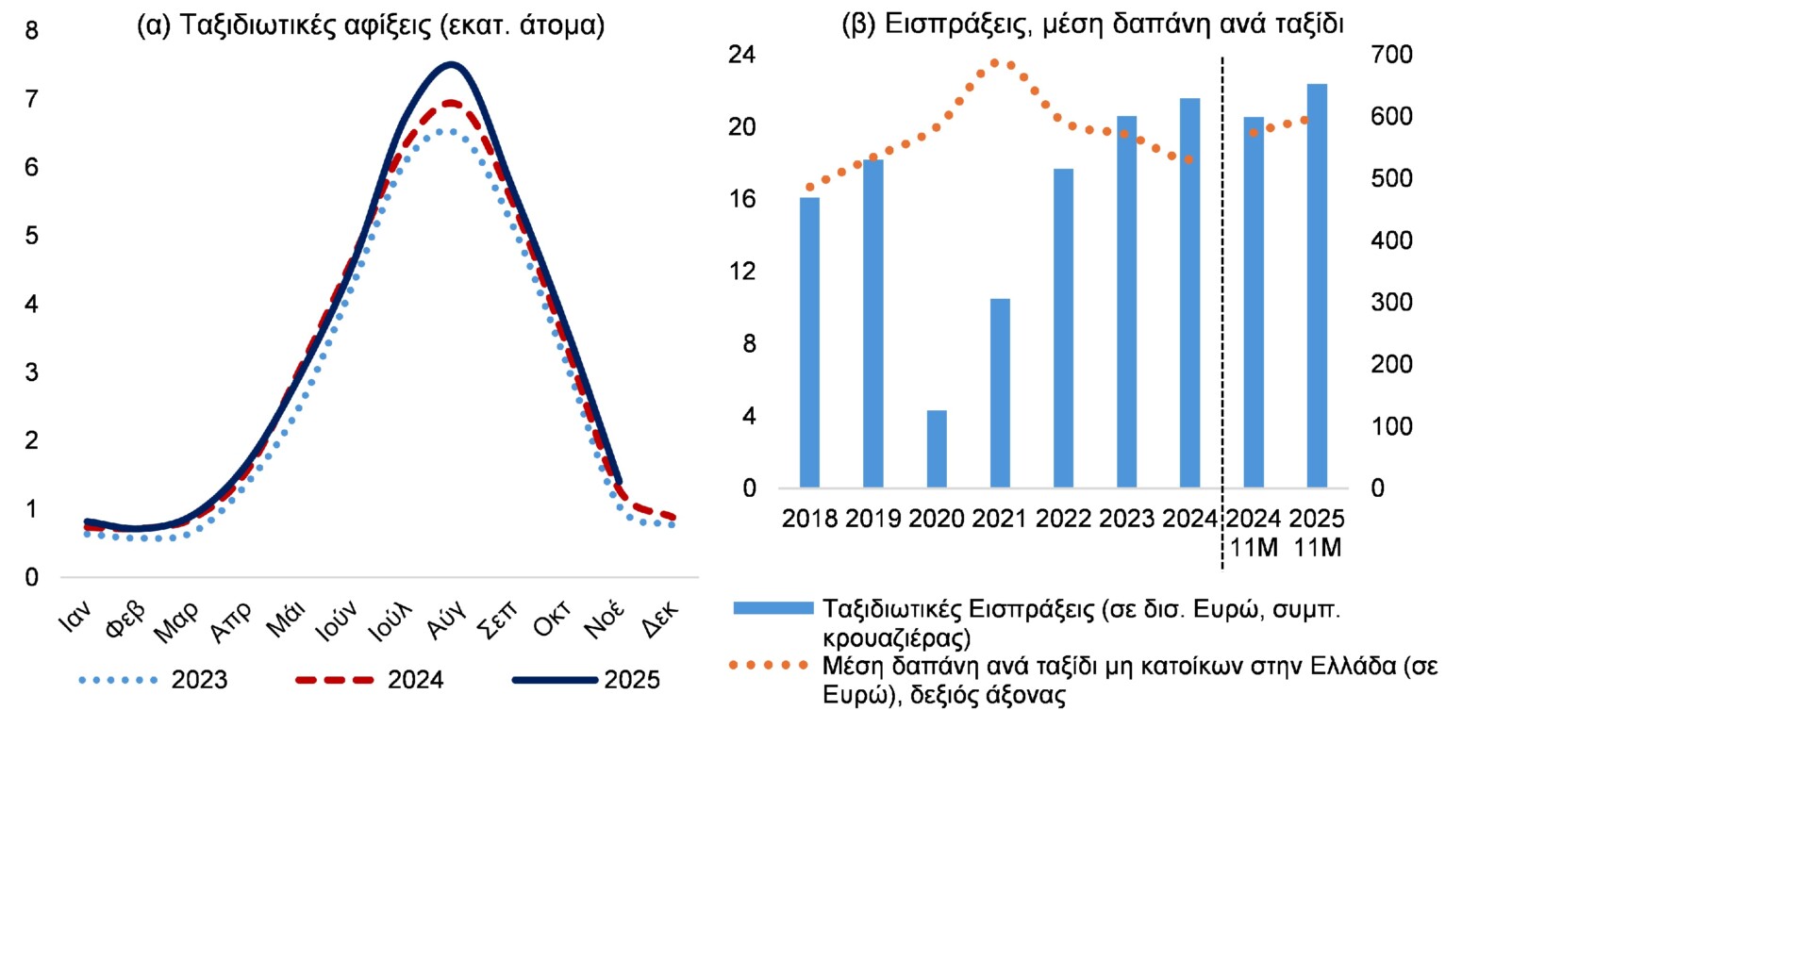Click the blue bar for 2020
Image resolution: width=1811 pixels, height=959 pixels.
(936, 449)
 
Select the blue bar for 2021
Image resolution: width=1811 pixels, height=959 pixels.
(1000, 393)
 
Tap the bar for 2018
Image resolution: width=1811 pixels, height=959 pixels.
(809, 342)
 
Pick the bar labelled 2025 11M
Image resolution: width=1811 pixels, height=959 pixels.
(1317, 286)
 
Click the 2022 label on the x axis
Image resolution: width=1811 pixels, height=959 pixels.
(1063, 519)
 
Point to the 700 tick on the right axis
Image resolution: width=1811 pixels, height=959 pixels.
(1391, 55)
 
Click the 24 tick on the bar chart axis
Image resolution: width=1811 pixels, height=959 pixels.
(742, 55)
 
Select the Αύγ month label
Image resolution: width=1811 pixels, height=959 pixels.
(446, 620)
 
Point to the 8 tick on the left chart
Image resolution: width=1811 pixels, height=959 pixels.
(32, 31)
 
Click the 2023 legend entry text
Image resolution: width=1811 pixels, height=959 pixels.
(199, 680)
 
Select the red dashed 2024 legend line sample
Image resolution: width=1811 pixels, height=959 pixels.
(335, 680)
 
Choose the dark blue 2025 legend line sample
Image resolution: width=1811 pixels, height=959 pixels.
(555, 680)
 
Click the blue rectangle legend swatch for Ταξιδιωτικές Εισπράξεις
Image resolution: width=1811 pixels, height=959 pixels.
(773, 609)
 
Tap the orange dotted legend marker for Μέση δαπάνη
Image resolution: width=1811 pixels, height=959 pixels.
(769, 666)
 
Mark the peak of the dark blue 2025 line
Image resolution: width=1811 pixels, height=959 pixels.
(452, 64)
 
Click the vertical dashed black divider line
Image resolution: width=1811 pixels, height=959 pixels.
(1222, 311)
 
